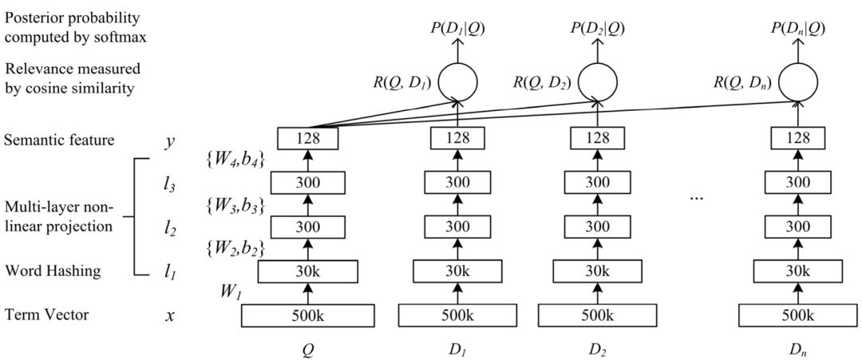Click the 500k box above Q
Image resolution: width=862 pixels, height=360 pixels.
(x=307, y=316)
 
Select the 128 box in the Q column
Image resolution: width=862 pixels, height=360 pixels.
(x=307, y=139)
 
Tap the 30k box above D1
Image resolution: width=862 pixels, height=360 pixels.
(x=457, y=271)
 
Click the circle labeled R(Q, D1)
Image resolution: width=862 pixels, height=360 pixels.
(x=457, y=81)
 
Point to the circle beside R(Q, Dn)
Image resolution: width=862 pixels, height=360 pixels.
(x=798, y=81)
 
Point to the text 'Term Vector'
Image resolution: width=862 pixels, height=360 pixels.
(x=46, y=315)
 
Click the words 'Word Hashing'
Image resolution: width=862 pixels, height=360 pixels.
(x=52, y=271)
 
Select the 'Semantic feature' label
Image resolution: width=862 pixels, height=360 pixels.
(x=58, y=140)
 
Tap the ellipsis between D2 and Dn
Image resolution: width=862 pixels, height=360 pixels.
(x=697, y=196)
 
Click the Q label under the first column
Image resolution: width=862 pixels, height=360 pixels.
(x=307, y=348)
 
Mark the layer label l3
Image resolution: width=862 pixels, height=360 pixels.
(x=169, y=184)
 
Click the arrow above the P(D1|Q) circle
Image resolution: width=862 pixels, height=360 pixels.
(x=457, y=49)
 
